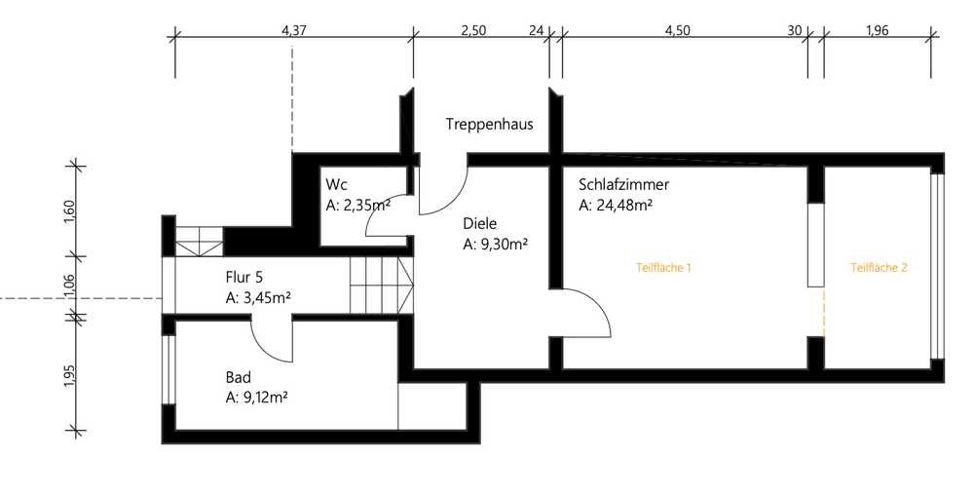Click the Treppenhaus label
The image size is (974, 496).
click(490, 125)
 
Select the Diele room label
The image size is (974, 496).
click(479, 224)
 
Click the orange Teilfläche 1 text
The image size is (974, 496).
click(663, 268)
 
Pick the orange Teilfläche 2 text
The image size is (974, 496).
click(879, 268)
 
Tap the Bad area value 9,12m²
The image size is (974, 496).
click(256, 398)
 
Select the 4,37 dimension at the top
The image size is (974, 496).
click(294, 30)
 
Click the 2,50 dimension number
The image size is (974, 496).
click(473, 30)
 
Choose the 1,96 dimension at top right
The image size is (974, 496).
click(878, 30)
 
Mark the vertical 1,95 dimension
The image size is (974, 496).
click(69, 375)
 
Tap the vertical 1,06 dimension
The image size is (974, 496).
click(69, 286)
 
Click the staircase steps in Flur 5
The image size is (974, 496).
click(382, 286)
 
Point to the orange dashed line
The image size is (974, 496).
click(824, 312)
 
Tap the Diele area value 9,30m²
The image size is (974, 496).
click(496, 245)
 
